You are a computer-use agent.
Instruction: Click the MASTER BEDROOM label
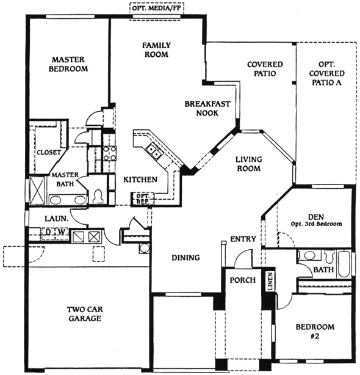click(68, 64)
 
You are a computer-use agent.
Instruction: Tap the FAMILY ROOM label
click(156, 49)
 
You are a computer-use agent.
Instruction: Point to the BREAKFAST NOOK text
click(207, 108)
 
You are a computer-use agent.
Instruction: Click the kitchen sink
click(153, 151)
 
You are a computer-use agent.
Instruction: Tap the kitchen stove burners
click(110, 153)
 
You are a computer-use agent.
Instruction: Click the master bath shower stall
click(37, 191)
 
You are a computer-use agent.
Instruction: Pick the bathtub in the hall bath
click(344, 264)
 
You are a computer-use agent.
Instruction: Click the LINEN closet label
click(270, 282)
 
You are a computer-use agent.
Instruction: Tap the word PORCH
click(243, 280)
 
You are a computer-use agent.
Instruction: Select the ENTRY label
click(243, 239)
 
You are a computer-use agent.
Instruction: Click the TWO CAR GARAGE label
click(85, 314)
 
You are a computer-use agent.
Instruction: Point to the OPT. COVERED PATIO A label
click(326, 73)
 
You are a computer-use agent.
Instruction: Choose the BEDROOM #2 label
click(315, 332)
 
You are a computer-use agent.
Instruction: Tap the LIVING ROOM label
click(249, 164)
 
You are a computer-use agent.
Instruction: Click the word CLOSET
click(49, 152)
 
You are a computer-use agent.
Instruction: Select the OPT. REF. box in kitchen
click(142, 198)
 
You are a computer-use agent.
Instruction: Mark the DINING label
click(185, 258)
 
